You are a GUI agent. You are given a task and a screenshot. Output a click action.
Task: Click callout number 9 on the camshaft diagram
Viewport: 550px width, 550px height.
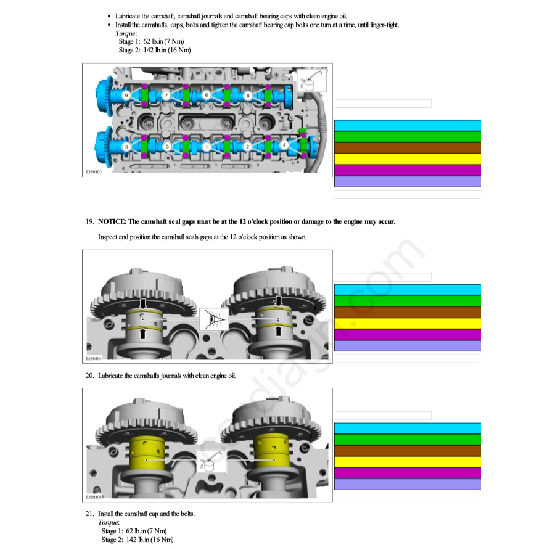[126, 96]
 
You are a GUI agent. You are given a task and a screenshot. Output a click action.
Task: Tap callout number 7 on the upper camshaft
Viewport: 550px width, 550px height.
[166, 96]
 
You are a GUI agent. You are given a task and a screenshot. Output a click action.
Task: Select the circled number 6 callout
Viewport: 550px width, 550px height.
[207, 96]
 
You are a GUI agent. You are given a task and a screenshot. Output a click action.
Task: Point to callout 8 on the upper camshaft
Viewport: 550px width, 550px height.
[248, 96]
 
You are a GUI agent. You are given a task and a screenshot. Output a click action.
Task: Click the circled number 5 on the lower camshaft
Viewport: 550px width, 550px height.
[126, 147]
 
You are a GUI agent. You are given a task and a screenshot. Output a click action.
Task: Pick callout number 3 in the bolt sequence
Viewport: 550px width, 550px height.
[167, 147]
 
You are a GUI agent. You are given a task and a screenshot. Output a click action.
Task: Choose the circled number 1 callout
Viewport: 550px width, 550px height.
[207, 147]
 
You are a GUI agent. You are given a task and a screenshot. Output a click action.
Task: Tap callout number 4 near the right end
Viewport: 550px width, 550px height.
[284, 145]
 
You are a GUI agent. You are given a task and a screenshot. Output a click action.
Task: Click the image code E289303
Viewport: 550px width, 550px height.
[94, 172]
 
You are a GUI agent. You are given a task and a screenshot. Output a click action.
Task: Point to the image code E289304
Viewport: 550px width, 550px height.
[94, 359]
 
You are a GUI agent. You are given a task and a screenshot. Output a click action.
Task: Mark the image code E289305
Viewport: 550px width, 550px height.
[94, 497]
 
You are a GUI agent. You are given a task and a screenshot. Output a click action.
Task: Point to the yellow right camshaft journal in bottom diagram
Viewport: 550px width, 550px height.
[271, 453]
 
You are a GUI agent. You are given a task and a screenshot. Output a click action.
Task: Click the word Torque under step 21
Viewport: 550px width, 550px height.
[108, 522]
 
